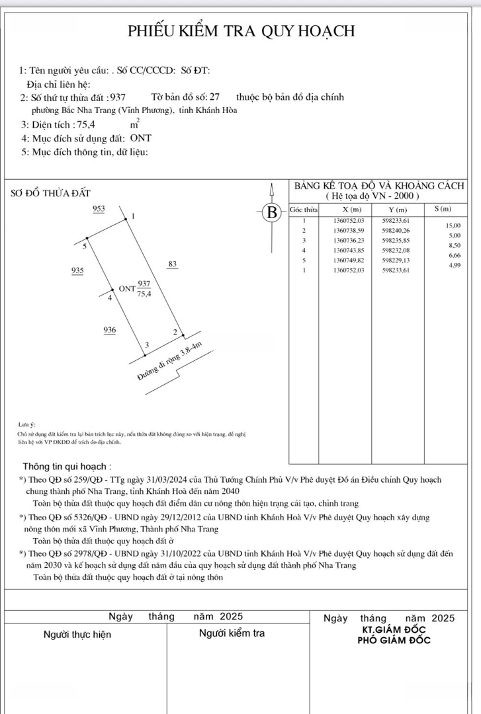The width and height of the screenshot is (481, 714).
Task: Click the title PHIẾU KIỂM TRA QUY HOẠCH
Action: pos(241,31)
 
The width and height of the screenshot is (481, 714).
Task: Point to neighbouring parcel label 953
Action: pos(99,209)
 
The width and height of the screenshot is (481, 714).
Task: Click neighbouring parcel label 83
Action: pos(173,264)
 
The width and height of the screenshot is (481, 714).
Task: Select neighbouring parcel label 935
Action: pos(77,271)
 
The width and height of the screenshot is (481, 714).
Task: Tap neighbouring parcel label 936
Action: pos(110,329)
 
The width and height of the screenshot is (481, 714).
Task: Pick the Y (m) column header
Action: pos(397,209)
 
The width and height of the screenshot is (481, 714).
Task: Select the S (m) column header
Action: pos(442,209)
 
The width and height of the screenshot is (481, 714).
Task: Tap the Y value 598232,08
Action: pos(396,251)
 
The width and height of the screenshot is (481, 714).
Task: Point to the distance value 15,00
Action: pos(455,225)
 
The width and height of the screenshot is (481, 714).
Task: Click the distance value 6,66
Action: pos(455,255)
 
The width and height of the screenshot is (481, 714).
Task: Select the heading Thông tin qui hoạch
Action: pos(67,465)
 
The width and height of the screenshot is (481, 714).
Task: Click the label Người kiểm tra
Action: pos(232,633)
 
